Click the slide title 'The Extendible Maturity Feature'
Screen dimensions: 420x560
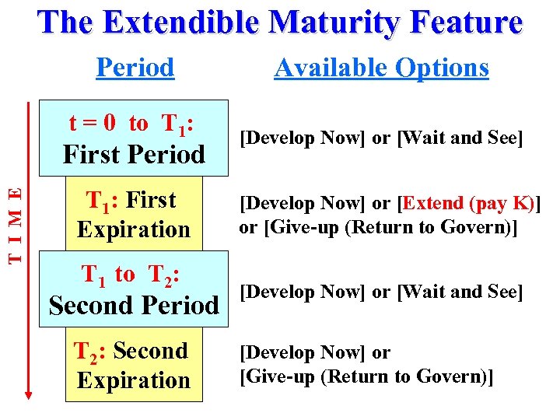coord(279,23)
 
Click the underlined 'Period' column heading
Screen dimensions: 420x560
coord(135,68)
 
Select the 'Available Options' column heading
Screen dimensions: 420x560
coord(381,68)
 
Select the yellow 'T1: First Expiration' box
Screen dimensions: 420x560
coord(133,215)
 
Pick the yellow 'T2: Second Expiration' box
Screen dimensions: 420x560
coord(133,366)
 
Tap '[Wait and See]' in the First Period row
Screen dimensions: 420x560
coord(460,139)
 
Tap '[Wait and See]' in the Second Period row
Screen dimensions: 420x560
coord(460,292)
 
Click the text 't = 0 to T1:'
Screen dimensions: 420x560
coord(131,124)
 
